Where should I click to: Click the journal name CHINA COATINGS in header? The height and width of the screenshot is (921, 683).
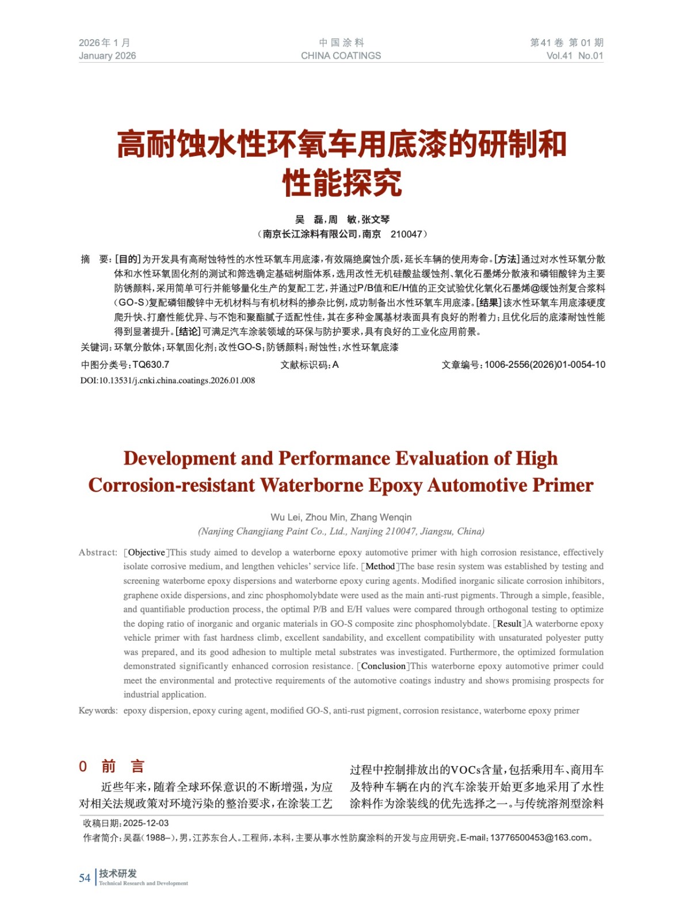pyautogui.click(x=341, y=56)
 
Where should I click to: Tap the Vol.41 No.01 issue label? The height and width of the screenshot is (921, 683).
pyautogui.click(x=574, y=56)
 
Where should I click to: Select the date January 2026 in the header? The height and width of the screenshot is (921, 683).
pyautogui.click(x=108, y=56)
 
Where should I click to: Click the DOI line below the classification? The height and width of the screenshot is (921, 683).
pyautogui.click(x=167, y=380)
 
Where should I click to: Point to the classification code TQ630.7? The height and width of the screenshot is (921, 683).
pyautogui.click(x=151, y=365)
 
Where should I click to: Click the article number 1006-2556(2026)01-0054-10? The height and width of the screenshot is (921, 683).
pyautogui.click(x=544, y=365)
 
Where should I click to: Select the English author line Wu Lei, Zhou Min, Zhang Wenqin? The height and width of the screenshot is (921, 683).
pyautogui.click(x=341, y=517)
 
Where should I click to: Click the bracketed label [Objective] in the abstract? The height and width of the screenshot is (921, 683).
pyautogui.click(x=147, y=553)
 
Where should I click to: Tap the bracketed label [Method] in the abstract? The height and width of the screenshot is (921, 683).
pyautogui.click(x=380, y=566)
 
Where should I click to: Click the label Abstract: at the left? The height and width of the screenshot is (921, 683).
pyautogui.click(x=98, y=553)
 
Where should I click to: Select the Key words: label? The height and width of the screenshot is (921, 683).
pyautogui.click(x=98, y=711)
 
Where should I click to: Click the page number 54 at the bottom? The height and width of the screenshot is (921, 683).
pyautogui.click(x=85, y=878)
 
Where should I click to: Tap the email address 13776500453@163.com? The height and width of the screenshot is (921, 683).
pyautogui.click(x=540, y=838)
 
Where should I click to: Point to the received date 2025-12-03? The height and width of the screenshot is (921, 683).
pyautogui.click(x=146, y=823)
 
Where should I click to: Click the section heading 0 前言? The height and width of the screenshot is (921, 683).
pyautogui.click(x=112, y=767)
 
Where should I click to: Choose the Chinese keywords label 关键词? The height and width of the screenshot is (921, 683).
pyautogui.click(x=95, y=348)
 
